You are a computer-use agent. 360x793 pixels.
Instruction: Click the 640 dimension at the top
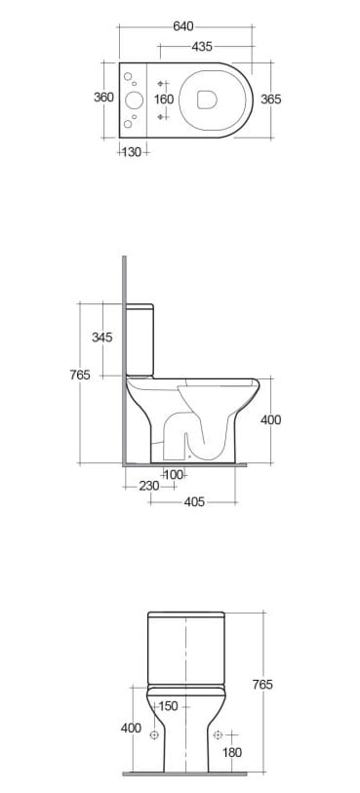pyautogui.click(x=183, y=26)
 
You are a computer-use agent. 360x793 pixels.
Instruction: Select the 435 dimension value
pyautogui.click(x=202, y=47)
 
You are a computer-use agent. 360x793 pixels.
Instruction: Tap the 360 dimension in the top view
pyautogui.click(x=103, y=98)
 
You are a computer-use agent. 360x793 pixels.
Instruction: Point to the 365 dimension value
pyautogui.click(x=271, y=99)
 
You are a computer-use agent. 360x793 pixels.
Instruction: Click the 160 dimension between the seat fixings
pyautogui.click(x=164, y=99)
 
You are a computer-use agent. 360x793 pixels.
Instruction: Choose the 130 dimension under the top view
pyautogui.click(x=132, y=152)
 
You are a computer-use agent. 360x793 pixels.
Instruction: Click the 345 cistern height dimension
pyautogui.click(x=102, y=337)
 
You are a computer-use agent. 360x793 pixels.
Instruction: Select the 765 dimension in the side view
pyautogui.click(x=80, y=375)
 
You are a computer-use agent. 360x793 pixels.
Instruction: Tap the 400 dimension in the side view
pyautogui.click(x=271, y=419)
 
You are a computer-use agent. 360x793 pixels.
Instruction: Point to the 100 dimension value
pyautogui.click(x=174, y=475)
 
